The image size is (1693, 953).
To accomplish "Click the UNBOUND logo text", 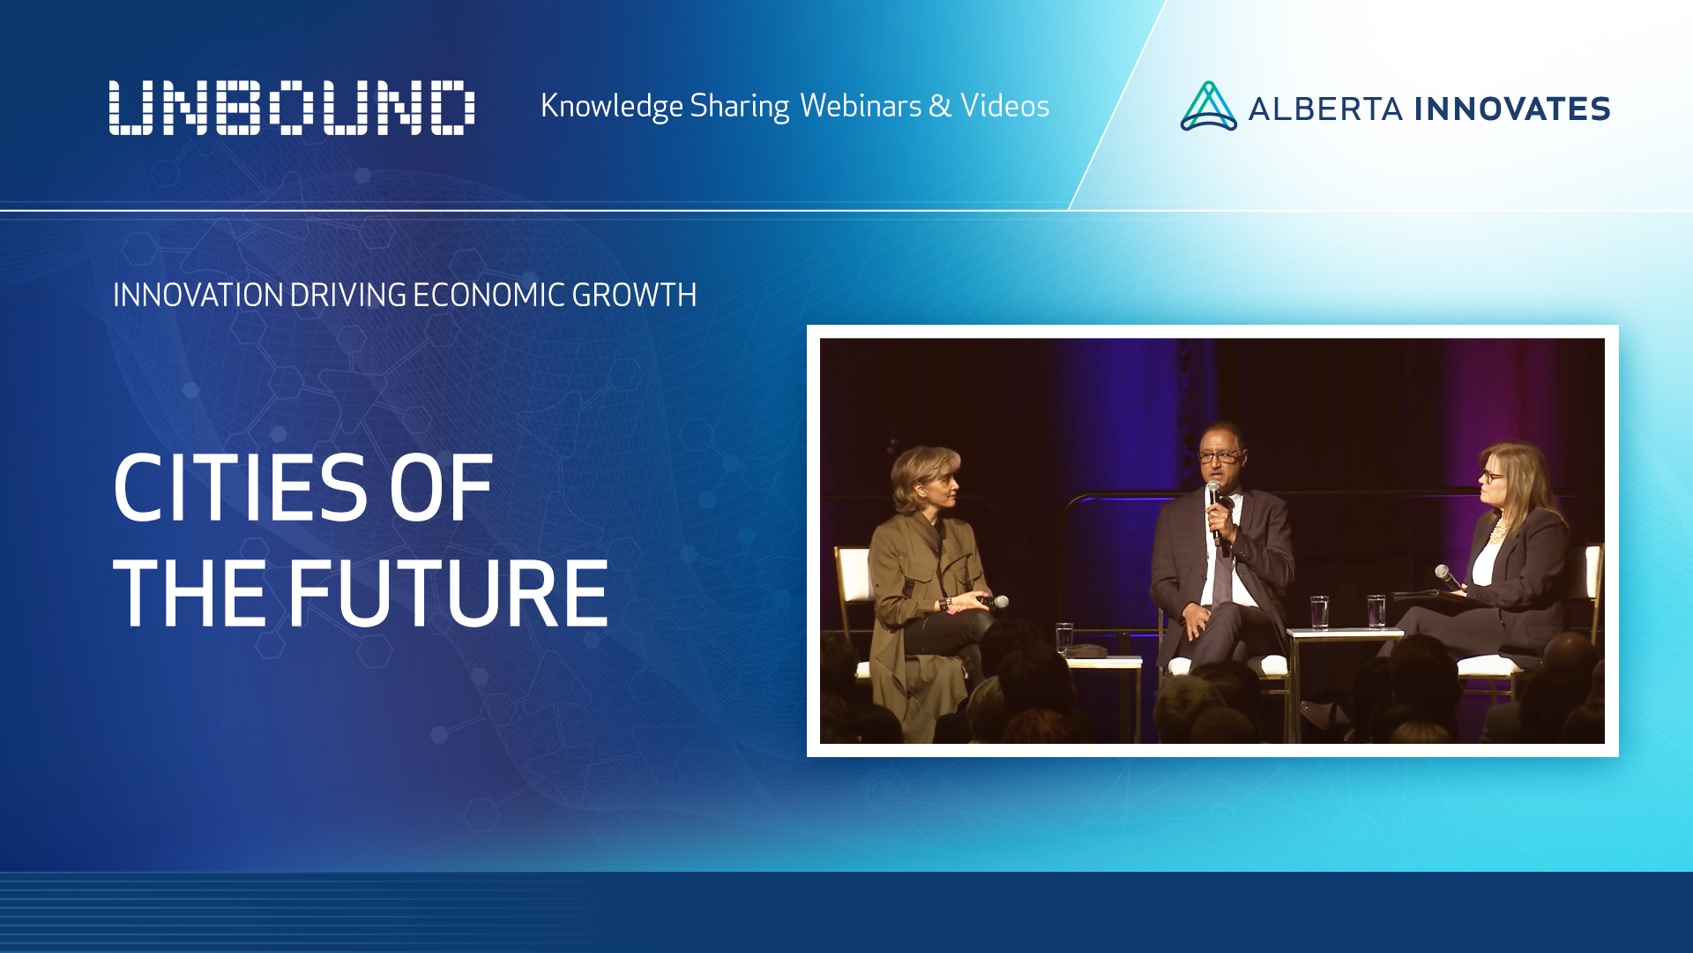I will click(292, 108).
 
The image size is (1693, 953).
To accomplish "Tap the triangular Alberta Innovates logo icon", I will click(1208, 107).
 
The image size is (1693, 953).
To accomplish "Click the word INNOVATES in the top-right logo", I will click(1512, 109).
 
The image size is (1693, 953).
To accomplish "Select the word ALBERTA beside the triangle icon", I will click(1325, 109).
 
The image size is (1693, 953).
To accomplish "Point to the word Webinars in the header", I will click(861, 106).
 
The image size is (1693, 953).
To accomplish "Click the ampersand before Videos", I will click(940, 106).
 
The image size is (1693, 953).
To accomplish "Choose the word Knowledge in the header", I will click(611, 106).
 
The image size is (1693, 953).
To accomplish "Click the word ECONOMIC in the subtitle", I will click(489, 295).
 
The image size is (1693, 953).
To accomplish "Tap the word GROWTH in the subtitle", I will click(635, 295).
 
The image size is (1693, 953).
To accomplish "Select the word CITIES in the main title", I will click(240, 488).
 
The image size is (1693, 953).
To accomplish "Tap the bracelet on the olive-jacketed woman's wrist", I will click(946, 604).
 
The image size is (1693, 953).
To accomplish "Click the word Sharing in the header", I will click(739, 106).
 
